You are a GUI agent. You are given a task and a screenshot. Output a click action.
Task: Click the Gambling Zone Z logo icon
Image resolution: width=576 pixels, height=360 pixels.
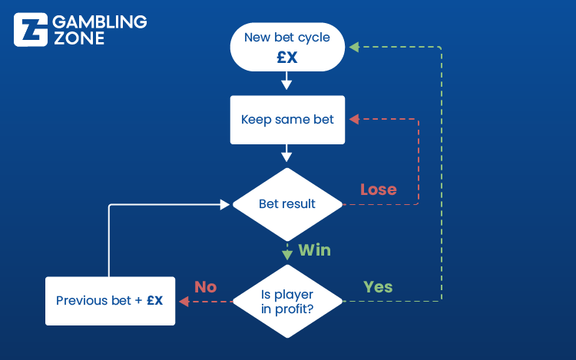click(31, 30)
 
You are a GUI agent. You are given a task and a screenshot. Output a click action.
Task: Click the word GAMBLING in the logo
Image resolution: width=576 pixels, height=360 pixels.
click(100, 22)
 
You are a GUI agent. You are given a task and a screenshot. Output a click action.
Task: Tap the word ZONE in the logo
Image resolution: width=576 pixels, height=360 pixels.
click(79, 38)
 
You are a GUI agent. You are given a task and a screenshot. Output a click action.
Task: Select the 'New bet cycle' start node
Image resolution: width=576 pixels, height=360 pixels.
click(287, 47)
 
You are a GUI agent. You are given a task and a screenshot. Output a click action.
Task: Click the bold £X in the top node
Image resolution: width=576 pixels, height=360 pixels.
click(287, 58)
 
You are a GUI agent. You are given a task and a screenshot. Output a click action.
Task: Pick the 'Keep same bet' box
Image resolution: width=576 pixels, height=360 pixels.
click(287, 120)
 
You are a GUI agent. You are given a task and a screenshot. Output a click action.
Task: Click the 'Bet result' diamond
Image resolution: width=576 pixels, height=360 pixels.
click(287, 204)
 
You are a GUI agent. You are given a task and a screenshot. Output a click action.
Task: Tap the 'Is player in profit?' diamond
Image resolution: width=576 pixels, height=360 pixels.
click(287, 302)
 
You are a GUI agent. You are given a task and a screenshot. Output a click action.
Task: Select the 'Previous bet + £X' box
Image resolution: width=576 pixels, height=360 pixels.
click(110, 301)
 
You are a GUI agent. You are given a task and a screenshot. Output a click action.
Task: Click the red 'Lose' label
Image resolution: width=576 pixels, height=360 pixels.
click(379, 190)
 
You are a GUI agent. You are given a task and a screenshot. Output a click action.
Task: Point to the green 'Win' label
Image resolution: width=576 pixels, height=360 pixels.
click(314, 250)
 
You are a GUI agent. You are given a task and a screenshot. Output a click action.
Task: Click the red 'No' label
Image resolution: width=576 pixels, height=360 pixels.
click(205, 287)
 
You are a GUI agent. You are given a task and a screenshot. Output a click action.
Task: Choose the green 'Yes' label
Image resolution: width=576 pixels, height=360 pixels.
click(378, 287)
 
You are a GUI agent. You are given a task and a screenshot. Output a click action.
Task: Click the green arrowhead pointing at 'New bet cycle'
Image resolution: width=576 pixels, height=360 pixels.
click(354, 47)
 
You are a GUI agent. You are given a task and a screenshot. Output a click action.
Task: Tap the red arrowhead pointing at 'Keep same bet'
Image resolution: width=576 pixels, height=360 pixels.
click(354, 119)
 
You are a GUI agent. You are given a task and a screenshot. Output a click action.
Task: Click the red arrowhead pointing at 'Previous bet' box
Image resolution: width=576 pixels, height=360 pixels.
click(184, 302)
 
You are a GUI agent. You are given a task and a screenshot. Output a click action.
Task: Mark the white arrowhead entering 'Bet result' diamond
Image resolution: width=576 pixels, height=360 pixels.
click(224, 204)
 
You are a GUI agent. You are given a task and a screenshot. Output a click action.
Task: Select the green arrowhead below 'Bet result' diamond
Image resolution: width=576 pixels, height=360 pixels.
click(287, 255)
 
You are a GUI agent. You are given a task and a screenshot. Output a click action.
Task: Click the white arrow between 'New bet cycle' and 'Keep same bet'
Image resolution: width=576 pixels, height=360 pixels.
click(286, 81)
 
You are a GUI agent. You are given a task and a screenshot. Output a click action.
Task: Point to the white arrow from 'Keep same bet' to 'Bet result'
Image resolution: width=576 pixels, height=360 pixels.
click(286, 153)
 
